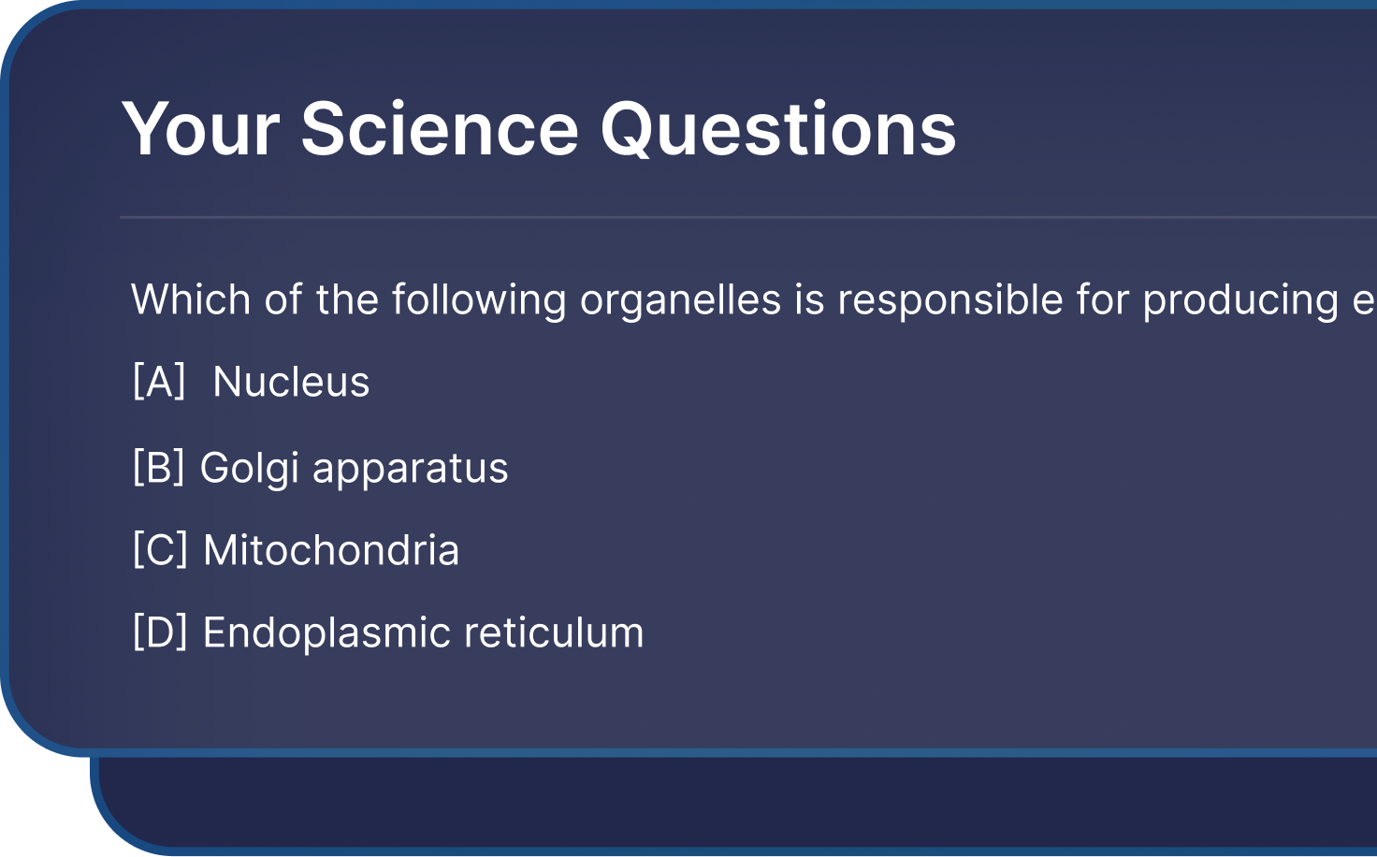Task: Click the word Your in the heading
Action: click(200, 129)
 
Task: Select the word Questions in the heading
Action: click(778, 129)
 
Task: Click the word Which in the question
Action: click(191, 299)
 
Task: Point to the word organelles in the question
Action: click(680, 301)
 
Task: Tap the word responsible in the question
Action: click(950, 301)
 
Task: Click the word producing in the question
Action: click(1240, 301)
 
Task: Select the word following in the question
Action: click(479, 301)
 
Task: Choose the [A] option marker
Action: click(159, 382)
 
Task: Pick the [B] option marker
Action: click(159, 467)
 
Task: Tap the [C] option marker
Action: click(160, 549)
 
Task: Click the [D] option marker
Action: click(160, 632)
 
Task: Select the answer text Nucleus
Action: click(291, 382)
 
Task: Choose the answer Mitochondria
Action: click(331, 549)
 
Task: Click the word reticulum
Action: click(554, 632)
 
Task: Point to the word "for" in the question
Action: click(1103, 299)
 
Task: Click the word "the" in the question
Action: click(347, 299)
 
